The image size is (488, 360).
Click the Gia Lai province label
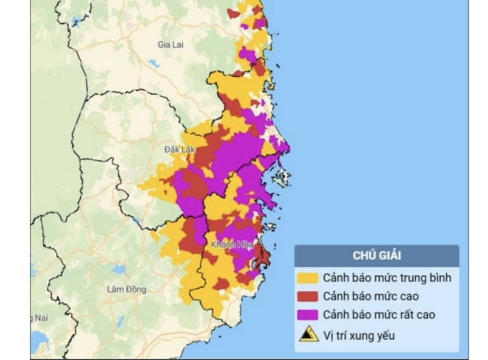coord(170,45)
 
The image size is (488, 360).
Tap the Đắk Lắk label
coord(179,149)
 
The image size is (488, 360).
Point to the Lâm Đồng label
coord(126,289)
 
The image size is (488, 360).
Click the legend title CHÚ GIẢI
coord(377,255)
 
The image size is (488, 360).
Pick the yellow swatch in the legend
coord(308,277)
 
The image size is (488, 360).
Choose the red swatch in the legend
coord(308,296)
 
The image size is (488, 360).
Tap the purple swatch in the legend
coord(308,315)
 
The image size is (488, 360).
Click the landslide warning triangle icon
coord(308,334)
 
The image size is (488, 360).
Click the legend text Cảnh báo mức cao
coord(370,296)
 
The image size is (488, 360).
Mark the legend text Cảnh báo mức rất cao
coord(378,315)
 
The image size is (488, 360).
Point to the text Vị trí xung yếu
coord(358,335)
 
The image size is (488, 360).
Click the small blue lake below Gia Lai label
coord(154,64)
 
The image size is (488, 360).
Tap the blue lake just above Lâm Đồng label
coord(119,270)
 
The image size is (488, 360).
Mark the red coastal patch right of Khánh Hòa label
coord(263,256)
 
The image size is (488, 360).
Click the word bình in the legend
coord(440,277)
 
